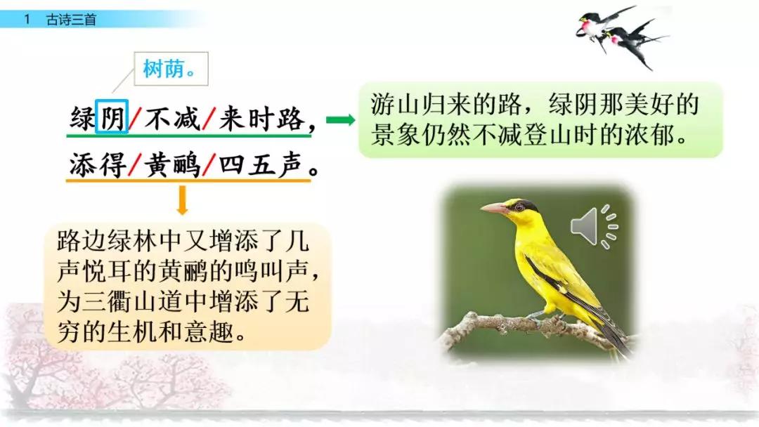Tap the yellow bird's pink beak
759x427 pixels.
pos(493,208)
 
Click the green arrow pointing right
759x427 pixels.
pos(341,120)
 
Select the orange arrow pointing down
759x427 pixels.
pos(183,200)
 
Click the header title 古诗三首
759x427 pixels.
pos(71,20)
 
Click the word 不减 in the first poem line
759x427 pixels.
pos(171,118)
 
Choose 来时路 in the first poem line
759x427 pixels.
pos(261,118)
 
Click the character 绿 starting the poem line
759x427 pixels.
pos(82,118)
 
